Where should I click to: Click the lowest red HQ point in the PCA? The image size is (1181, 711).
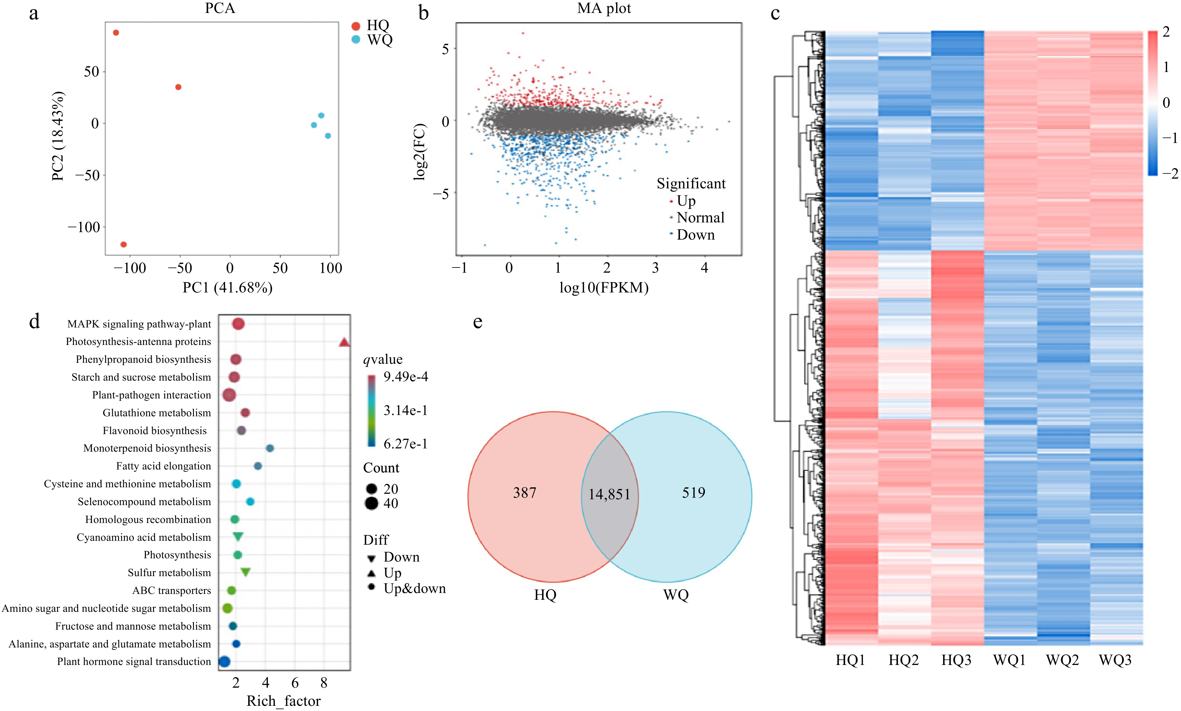click(124, 244)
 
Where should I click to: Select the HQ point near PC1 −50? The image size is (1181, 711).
click(178, 87)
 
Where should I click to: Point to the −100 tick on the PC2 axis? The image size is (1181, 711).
click(84, 227)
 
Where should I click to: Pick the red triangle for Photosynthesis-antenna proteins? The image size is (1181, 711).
click(344, 342)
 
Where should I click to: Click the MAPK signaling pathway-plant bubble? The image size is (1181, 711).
click(238, 324)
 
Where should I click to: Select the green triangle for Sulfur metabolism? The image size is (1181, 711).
click(245, 572)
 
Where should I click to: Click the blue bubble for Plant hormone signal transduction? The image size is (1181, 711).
click(224, 662)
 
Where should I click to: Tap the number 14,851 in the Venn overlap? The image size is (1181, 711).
click(609, 494)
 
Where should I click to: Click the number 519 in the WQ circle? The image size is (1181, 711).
click(693, 492)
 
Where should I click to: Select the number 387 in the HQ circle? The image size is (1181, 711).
click(525, 492)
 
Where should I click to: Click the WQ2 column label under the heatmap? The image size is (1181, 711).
click(1062, 660)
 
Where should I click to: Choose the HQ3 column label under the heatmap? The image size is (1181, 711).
click(956, 660)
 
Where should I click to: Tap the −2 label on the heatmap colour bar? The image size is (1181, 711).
click(1170, 173)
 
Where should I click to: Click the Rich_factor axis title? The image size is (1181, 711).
click(283, 701)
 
